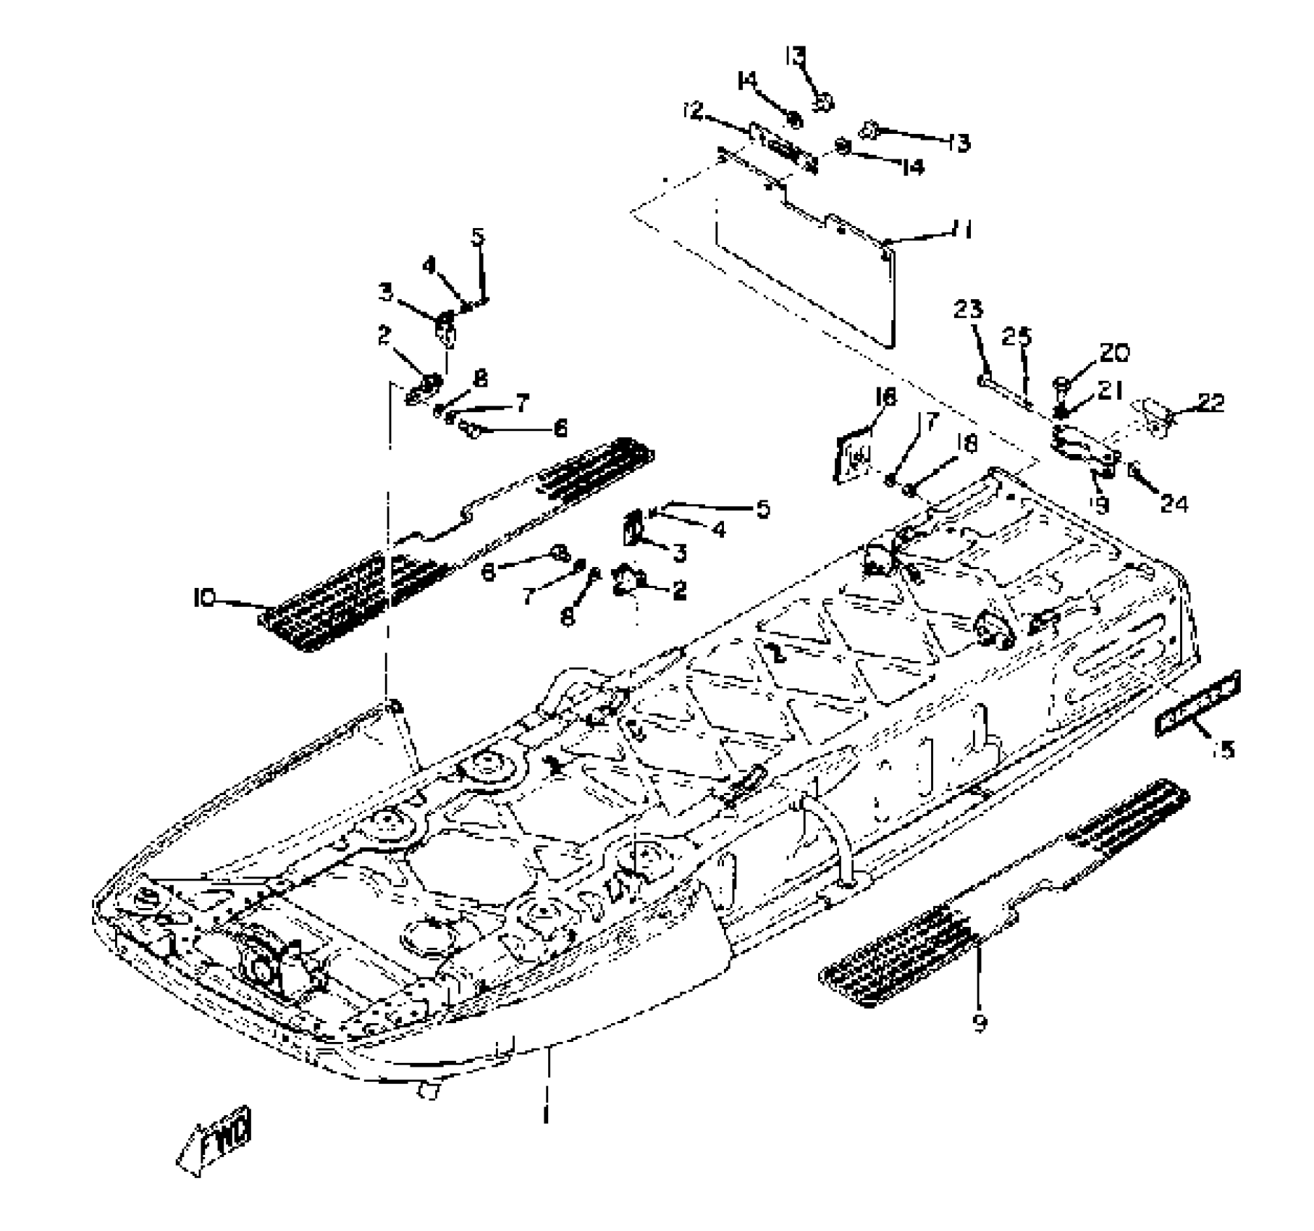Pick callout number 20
point(1114,353)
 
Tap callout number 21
point(1109,392)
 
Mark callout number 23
point(968,310)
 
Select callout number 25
point(1016,337)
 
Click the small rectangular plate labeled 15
point(1197,702)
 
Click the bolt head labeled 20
point(1061,382)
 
